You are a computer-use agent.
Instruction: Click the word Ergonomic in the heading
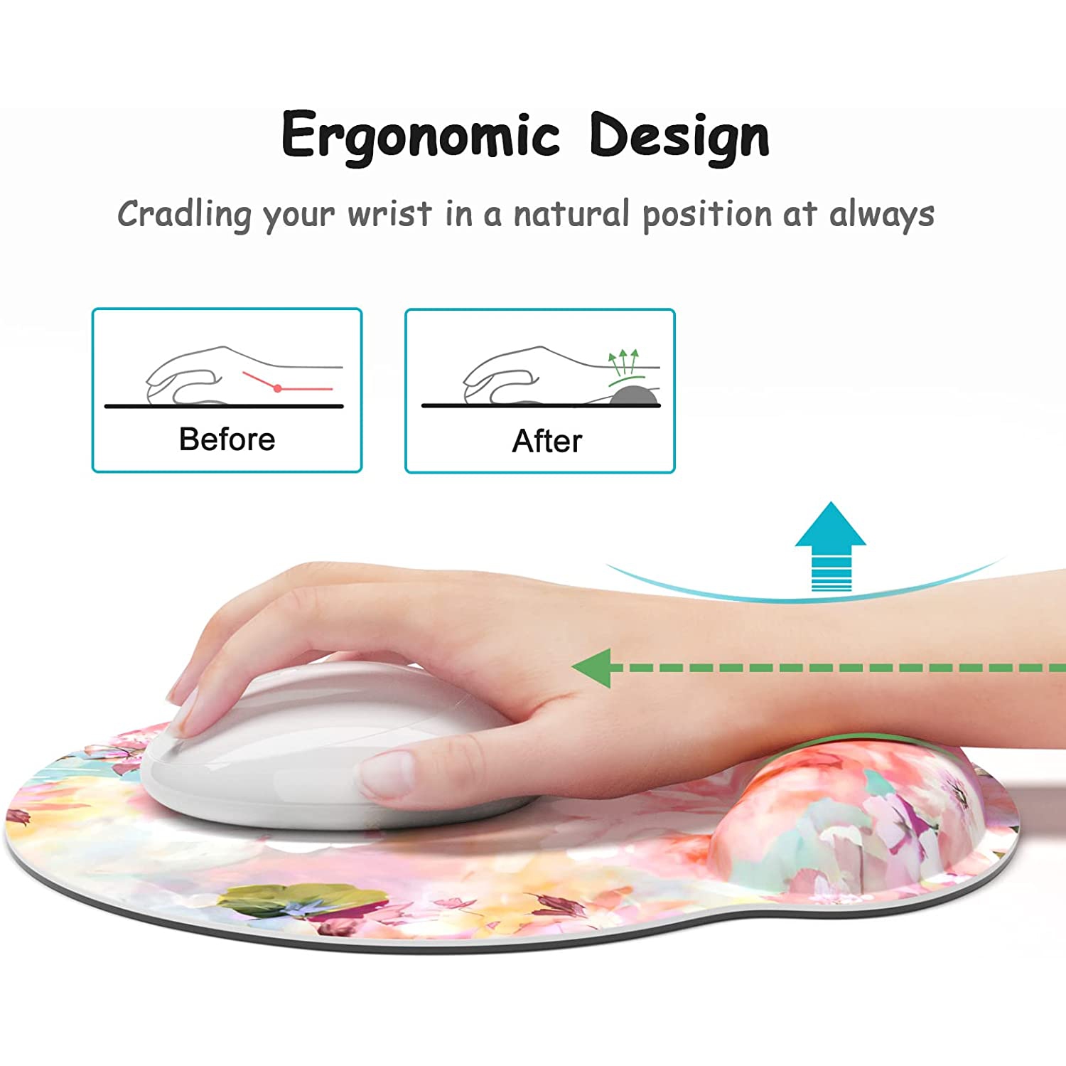tap(421, 136)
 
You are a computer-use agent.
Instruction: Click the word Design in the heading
tap(679, 136)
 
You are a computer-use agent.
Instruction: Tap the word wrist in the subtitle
tap(389, 214)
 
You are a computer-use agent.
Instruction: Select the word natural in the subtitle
tap(571, 214)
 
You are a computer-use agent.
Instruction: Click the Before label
tap(227, 439)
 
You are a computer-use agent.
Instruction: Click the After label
tap(547, 441)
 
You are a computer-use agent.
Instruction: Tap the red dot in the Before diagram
tap(278, 388)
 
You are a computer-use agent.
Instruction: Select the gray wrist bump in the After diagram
tap(635, 396)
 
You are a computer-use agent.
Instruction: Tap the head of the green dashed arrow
tap(593, 668)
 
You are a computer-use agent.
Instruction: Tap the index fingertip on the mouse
tap(188, 708)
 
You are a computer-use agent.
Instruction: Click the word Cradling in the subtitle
tap(184, 214)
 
